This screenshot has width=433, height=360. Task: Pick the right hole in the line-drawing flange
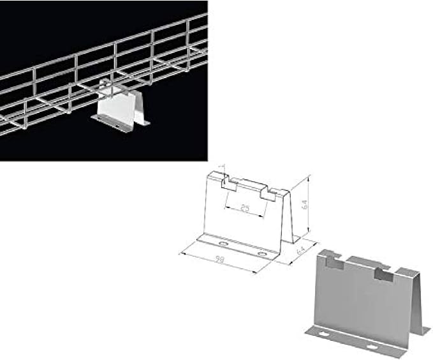tap(262, 254)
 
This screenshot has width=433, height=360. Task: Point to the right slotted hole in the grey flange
tap(372, 347)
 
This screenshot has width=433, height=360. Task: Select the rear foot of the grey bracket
tap(424, 331)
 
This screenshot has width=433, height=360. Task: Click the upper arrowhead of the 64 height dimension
tap(309, 176)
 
